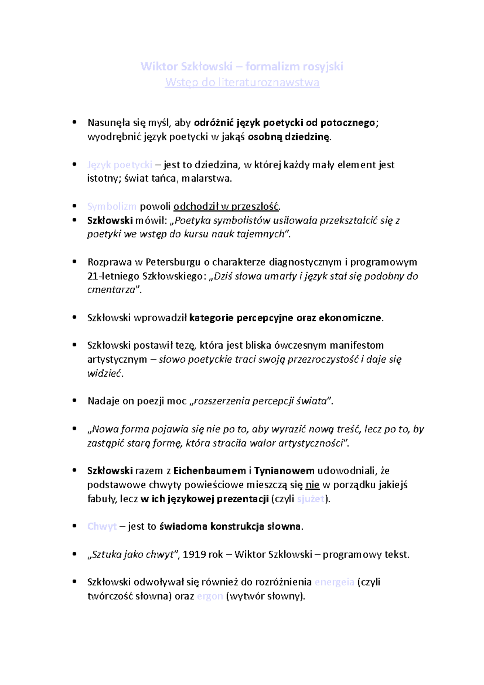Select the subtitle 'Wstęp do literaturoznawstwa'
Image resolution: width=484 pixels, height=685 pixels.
click(242, 82)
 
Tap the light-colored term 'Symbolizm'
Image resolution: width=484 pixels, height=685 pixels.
click(112, 207)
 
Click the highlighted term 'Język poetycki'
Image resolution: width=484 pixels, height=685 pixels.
click(120, 165)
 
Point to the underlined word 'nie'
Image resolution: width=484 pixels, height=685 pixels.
click(313, 485)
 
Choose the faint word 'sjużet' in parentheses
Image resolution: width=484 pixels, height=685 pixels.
click(311, 499)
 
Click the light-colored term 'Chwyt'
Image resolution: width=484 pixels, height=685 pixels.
click(102, 526)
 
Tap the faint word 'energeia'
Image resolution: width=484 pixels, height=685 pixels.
click(334, 582)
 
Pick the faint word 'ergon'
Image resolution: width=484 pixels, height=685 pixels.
click(210, 596)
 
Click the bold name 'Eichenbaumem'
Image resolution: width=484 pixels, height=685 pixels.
click(210, 470)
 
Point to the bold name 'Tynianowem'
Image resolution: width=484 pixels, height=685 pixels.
click(284, 470)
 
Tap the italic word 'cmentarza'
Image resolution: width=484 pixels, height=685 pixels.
click(111, 290)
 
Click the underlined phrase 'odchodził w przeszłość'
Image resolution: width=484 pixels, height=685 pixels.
click(226, 207)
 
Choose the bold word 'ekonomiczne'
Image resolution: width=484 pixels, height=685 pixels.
click(350, 318)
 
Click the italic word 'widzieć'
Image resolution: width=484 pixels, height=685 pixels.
click(104, 373)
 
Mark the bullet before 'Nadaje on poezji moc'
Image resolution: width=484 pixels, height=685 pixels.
click(74, 401)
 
